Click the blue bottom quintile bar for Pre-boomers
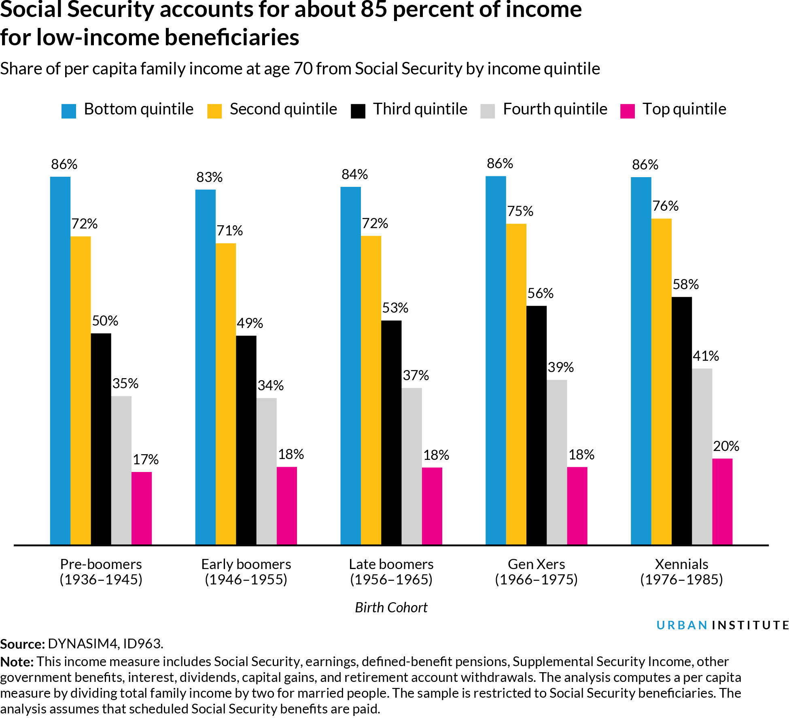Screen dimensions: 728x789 click(60, 360)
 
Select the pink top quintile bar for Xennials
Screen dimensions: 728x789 click(722, 502)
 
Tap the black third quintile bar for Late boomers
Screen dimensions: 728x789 click(391, 433)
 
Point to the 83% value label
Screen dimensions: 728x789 click(209, 177)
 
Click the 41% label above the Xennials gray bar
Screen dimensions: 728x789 click(706, 356)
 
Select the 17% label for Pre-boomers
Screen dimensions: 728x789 click(146, 459)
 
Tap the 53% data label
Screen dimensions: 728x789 click(395, 308)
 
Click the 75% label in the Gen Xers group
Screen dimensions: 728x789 click(520, 211)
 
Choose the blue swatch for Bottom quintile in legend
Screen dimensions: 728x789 click(69, 111)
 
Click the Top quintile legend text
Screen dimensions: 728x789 click(684, 109)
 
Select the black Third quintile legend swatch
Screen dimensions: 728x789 click(358, 111)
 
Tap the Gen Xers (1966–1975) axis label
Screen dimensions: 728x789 click(536, 571)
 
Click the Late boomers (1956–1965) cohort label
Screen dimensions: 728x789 click(391, 571)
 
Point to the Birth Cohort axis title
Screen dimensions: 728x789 click(391, 607)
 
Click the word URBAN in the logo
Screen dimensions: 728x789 click(681, 625)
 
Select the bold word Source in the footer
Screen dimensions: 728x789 click(21, 644)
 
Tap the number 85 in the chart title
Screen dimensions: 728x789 click(373, 10)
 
